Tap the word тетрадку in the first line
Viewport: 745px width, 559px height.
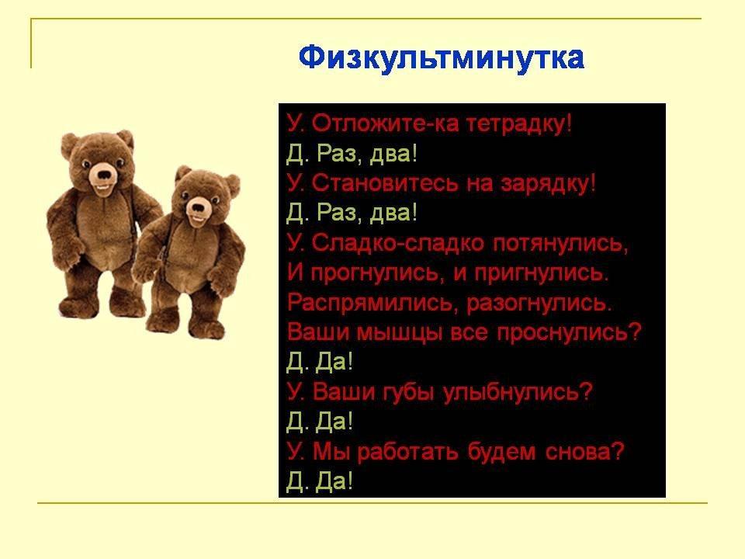click(x=520, y=124)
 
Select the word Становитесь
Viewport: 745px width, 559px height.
click(x=386, y=183)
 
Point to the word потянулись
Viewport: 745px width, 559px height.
click(x=560, y=243)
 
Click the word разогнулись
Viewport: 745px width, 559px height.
click(x=539, y=303)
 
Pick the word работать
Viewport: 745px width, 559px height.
click(x=407, y=452)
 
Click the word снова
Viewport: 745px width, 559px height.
click(x=584, y=452)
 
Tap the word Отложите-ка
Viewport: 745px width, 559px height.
click(x=386, y=124)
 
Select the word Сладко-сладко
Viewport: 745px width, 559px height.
click(x=398, y=243)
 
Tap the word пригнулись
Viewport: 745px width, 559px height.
click(x=542, y=273)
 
